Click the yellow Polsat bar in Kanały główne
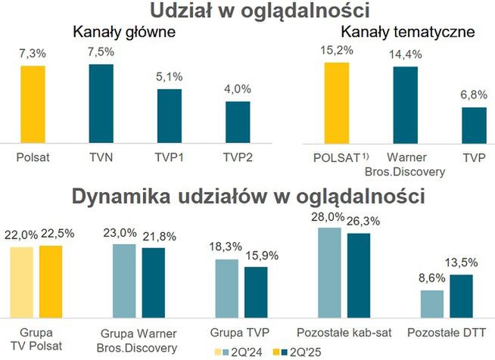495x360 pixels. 33,104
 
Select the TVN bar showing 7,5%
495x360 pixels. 101,103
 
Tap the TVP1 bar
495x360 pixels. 170,115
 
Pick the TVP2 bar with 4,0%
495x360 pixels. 238,121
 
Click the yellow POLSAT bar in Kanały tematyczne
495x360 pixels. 337,102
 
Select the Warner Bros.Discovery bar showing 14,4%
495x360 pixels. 405,104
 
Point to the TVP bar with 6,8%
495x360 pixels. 474,125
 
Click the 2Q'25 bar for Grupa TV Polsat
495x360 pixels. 51,282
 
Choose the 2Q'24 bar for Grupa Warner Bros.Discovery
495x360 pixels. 124,281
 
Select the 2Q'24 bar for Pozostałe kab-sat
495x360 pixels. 329,273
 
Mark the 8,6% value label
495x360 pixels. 431,280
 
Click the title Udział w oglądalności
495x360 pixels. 247,11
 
